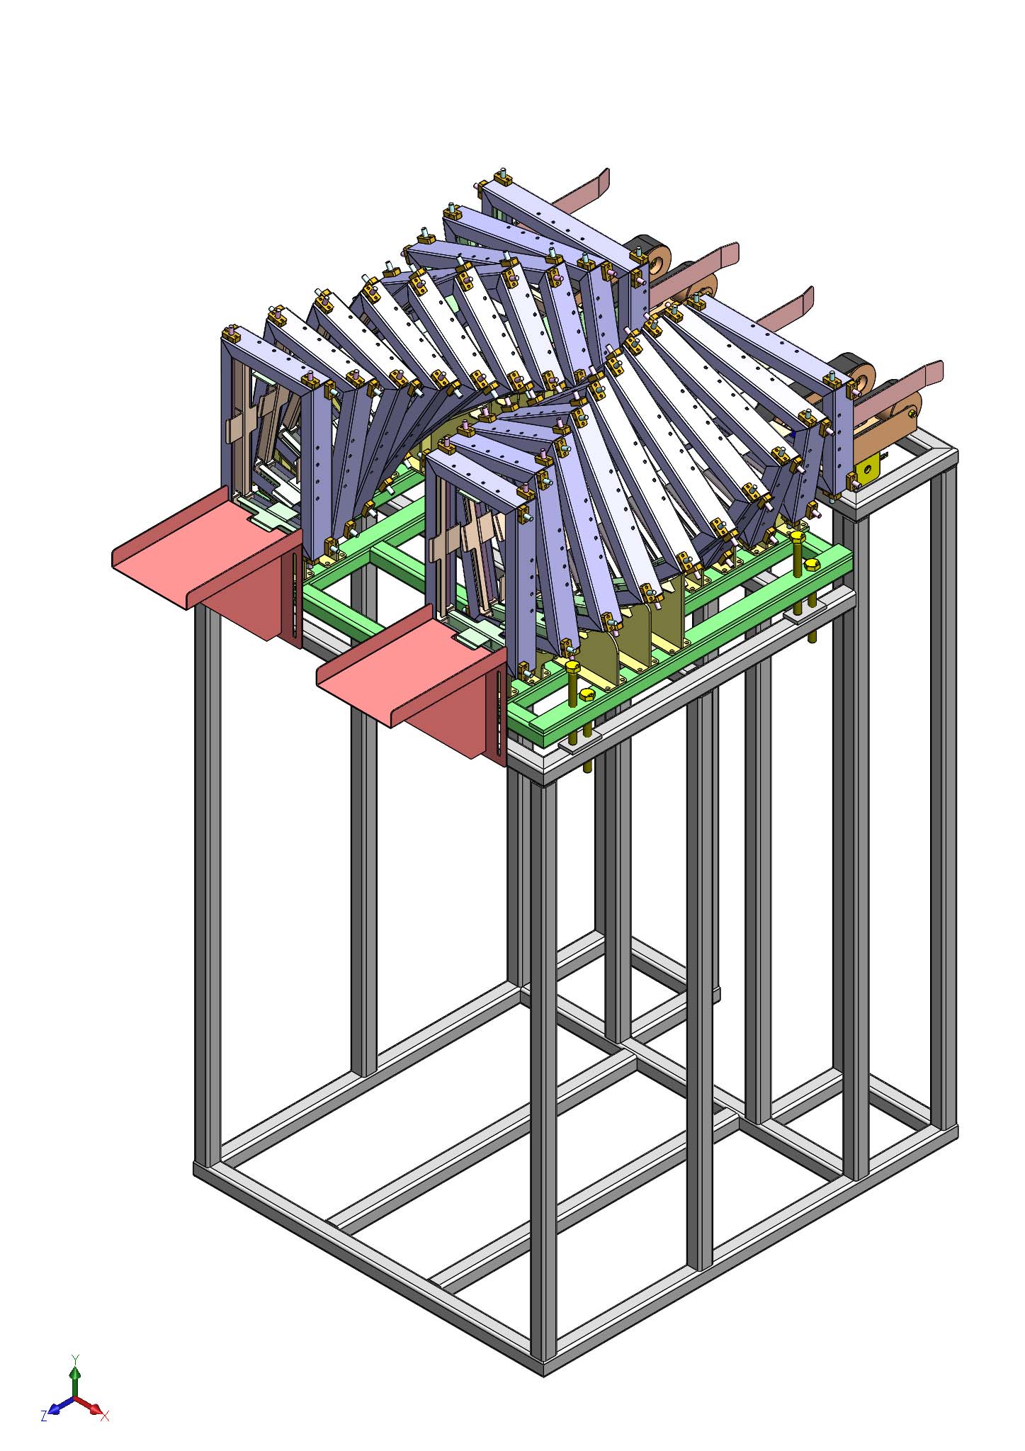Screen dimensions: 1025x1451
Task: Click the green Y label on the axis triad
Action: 75,1358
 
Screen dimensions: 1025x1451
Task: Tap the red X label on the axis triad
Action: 105,1416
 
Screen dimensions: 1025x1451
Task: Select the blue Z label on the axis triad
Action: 44,1415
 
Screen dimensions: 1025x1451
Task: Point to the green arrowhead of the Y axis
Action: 75,1373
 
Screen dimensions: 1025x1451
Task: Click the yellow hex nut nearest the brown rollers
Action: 812,564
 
